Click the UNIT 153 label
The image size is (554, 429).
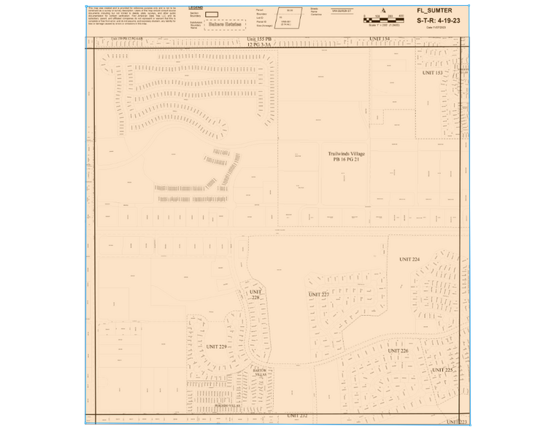point(433,73)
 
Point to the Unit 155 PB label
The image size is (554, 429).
point(260,38)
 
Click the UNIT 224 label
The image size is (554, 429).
point(409,260)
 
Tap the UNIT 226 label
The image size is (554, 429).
point(399,351)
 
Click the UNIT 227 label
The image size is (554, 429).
point(319,294)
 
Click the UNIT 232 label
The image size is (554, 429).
point(297,415)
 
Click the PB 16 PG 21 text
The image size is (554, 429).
point(347,160)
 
